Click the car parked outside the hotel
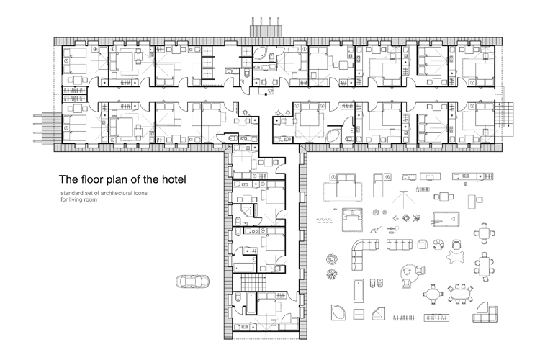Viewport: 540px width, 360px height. tap(192, 281)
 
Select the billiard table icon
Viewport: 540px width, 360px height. tap(446, 218)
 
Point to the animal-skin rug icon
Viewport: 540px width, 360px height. tap(456, 256)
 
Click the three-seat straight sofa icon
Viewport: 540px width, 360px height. tap(400, 244)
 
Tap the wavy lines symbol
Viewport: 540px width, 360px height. tap(325, 220)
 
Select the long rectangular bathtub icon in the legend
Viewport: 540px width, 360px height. tap(359, 290)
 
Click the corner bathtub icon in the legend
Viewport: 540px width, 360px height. tap(338, 312)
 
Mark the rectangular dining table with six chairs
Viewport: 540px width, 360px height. tap(484, 264)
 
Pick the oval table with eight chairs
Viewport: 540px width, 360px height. tap(460, 294)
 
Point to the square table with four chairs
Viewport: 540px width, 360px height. tap(484, 233)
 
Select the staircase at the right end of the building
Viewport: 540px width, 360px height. tap(504, 115)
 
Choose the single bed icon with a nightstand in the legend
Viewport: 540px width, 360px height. tap(382, 185)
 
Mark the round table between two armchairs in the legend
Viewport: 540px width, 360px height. tap(413, 273)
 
